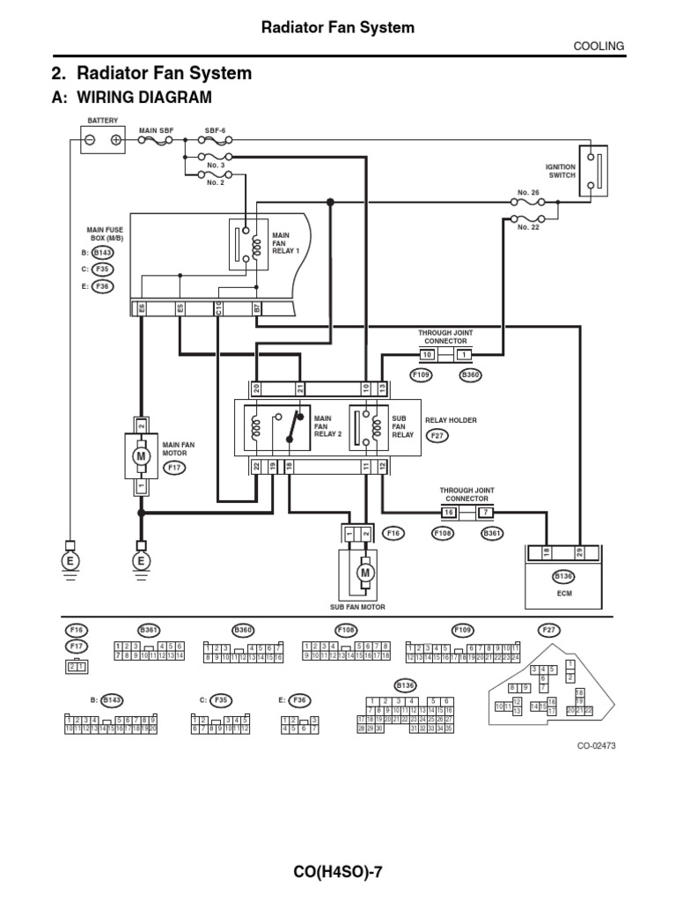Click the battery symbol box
click(x=102, y=140)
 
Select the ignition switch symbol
click(x=599, y=171)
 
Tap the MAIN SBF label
click(x=156, y=129)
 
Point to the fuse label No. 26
click(x=527, y=192)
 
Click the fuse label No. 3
click(x=216, y=165)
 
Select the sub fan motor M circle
click(x=364, y=573)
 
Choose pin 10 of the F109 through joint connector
click(x=427, y=354)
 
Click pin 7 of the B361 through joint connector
click(x=483, y=512)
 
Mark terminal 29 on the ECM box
click(x=578, y=552)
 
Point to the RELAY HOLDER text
click(x=451, y=420)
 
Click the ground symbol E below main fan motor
click(x=139, y=561)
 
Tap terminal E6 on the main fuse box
click(x=139, y=308)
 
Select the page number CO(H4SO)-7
click(x=338, y=872)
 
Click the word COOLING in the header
click(x=601, y=46)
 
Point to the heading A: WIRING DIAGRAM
click(x=133, y=97)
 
